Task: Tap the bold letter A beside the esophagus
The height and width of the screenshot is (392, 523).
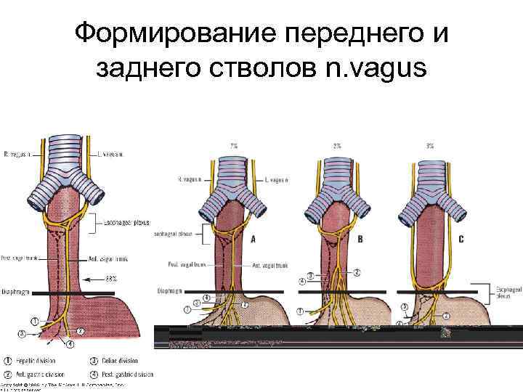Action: (x=252, y=238)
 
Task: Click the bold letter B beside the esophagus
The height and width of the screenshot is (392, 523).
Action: (x=361, y=238)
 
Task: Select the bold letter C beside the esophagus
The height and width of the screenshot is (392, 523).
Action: (x=461, y=238)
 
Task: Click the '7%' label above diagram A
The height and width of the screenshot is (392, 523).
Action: (x=235, y=145)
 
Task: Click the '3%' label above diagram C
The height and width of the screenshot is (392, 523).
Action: (x=430, y=145)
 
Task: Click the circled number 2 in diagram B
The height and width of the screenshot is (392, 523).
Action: (x=357, y=271)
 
